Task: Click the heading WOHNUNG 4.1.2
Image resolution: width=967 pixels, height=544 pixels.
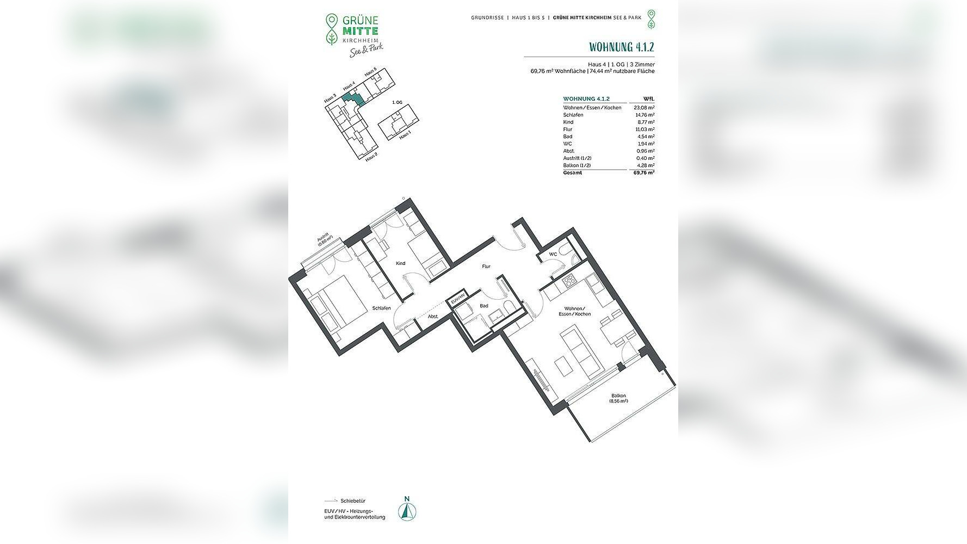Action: pyautogui.click(x=621, y=47)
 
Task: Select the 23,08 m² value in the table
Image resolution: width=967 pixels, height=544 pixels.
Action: pyautogui.click(x=644, y=108)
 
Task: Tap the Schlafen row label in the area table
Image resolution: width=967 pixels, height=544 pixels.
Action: pyautogui.click(x=573, y=115)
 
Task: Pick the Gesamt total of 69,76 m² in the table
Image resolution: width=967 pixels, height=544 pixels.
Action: pyautogui.click(x=644, y=172)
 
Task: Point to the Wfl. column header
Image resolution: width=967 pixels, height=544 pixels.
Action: pyautogui.click(x=648, y=99)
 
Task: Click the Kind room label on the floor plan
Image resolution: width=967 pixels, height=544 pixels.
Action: pyautogui.click(x=400, y=263)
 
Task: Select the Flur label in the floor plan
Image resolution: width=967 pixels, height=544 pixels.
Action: pyautogui.click(x=486, y=267)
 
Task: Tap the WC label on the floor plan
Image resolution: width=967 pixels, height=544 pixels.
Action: pyautogui.click(x=553, y=254)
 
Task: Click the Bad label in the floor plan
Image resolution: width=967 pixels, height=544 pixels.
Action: pyautogui.click(x=483, y=306)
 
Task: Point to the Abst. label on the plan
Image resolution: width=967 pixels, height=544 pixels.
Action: pyautogui.click(x=433, y=316)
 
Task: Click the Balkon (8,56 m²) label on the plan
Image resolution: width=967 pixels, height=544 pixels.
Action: pyautogui.click(x=618, y=398)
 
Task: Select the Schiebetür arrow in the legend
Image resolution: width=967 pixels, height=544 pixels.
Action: pyautogui.click(x=331, y=500)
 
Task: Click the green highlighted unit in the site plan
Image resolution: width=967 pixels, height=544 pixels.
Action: pyautogui.click(x=355, y=99)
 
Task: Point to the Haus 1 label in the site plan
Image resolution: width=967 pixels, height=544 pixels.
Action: pyautogui.click(x=405, y=136)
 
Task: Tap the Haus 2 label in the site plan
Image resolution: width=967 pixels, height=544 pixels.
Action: pyautogui.click(x=371, y=157)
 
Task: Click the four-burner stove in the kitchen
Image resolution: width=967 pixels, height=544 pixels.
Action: pyautogui.click(x=569, y=281)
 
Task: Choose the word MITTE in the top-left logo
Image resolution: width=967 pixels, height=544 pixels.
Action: pyautogui.click(x=360, y=31)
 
